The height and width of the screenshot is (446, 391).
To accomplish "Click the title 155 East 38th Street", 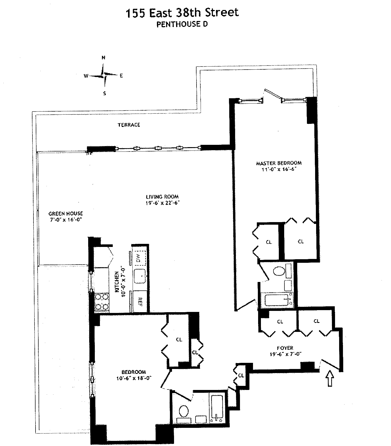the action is [x=182, y=13].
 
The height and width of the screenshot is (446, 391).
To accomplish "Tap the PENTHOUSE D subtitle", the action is [x=182, y=24].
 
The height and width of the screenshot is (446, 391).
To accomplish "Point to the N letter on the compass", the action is [x=103, y=58].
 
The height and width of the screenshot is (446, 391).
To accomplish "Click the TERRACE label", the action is [x=129, y=125].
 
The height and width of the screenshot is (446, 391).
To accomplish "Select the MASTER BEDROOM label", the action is [x=279, y=163].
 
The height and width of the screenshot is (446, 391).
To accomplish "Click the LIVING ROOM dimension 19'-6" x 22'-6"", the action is [x=162, y=203].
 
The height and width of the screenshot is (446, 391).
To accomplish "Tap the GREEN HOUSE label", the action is [x=66, y=213].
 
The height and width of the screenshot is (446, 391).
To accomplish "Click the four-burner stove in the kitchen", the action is [x=102, y=302].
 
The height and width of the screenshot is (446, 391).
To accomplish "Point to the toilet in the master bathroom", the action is [x=279, y=271].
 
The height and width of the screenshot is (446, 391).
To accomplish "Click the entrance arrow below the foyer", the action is [x=330, y=378].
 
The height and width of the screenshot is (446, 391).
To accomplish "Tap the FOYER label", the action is [x=285, y=348].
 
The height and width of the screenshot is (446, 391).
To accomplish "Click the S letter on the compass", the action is [x=104, y=93].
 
